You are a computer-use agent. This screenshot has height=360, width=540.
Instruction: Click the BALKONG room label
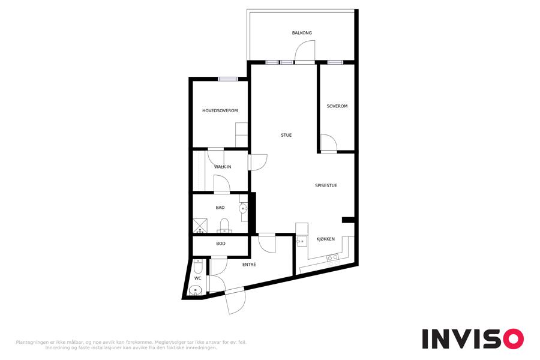click(302, 33)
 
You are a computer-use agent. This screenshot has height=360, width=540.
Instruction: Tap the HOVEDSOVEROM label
click(220, 111)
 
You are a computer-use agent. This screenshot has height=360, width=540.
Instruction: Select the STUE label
click(286, 136)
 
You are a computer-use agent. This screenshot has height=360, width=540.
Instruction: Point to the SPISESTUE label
click(326, 185)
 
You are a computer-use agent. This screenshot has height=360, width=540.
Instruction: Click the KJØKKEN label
click(325, 239)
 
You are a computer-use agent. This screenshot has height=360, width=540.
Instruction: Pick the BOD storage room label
click(221, 244)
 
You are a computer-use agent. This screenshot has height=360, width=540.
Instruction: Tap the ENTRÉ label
click(249, 265)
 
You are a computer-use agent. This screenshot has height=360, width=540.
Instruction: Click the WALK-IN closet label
click(223, 167)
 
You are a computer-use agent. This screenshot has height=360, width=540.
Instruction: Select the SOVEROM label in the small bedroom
click(337, 106)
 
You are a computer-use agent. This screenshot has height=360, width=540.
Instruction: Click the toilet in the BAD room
click(224, 226)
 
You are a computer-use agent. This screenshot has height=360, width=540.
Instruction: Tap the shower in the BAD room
click(200, 226)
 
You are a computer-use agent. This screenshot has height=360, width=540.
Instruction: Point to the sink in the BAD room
click(243, 208)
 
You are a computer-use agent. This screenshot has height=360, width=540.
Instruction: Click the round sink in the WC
click(196, 290)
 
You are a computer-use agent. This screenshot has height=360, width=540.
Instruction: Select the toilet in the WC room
click(198, 266)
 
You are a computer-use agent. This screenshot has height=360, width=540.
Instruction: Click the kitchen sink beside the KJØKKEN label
click(301, 241)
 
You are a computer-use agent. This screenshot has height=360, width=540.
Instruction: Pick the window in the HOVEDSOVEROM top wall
click(228, 79)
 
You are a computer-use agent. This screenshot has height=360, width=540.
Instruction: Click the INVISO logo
click(473, 339)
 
